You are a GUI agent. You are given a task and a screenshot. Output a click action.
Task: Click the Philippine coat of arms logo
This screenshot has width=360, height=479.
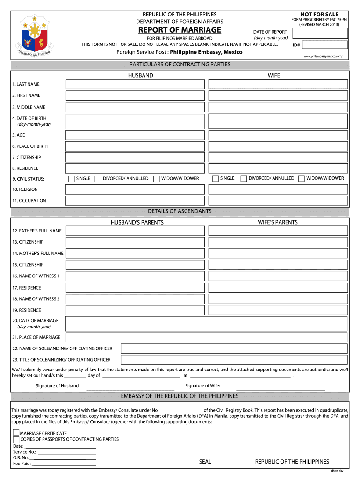click(32, 36)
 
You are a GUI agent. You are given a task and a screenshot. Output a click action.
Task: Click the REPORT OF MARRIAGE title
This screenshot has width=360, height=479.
click(180, 30)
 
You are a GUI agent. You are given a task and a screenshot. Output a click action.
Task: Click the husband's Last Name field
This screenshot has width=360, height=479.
click(135, 84)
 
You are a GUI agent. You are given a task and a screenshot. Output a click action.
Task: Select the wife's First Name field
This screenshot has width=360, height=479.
click(278, 95)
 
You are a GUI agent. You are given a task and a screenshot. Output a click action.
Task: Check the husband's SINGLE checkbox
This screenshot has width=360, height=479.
click(72, 179)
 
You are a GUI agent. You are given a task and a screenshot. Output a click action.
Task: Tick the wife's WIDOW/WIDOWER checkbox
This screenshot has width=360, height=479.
click(302, 179)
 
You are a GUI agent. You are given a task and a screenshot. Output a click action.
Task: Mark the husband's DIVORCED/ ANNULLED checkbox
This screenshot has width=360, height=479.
click(98, 179)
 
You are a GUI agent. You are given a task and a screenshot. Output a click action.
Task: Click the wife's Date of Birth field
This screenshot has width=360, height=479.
click(278, 122)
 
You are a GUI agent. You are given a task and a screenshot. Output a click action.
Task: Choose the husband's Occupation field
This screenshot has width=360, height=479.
click(135, 201)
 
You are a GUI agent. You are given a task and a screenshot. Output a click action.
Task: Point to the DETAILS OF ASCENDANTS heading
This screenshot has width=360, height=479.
click(180, 211)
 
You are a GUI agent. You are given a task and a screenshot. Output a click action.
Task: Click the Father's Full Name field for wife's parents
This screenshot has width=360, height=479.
click(278, 231)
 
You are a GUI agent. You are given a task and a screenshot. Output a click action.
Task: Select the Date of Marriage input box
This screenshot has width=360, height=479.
click(206, 324)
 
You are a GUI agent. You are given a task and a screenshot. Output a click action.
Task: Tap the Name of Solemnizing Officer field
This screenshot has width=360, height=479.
click(234, 348)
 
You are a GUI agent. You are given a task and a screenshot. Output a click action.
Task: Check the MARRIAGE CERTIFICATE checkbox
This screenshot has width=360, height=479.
click(16, 433)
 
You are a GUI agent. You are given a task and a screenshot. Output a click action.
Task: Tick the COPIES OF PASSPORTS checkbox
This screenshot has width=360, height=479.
click(16, 440)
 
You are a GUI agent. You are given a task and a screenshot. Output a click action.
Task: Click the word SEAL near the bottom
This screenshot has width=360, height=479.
click(205, 462)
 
